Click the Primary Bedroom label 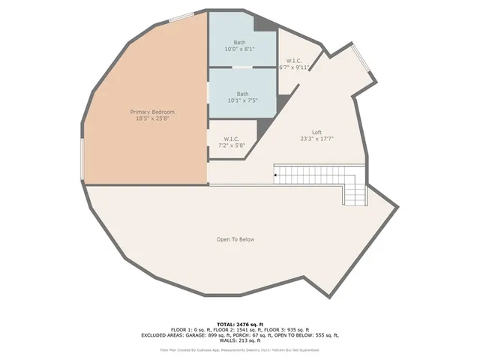pos(147,112)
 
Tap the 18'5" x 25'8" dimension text pos(147,118)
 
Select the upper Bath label pos(239,42)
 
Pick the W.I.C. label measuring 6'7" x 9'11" pos(294,61)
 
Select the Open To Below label pos(235,239)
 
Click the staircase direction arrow pos(276,175)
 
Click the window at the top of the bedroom pos(180,17)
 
